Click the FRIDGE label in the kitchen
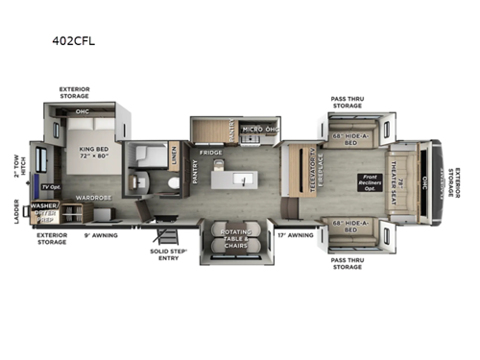pos(211,153)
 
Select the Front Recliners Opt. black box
pos(371,180)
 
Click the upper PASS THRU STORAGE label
pos(347,102)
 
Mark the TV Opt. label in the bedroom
pos(42,184)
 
